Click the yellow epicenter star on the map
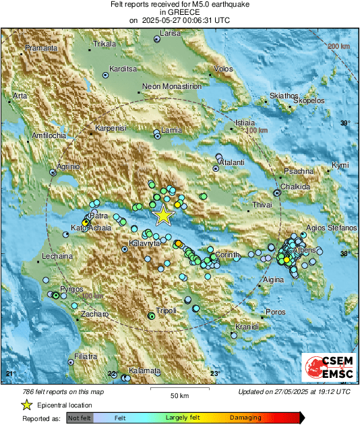click(163, 215)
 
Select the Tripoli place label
click(166, 310)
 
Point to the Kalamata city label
click(145, 371)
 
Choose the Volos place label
click(223, 69)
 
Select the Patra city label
click(98, 216)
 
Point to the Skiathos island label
click(283, 96)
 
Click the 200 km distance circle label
click(338, 46)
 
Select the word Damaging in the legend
click(245, 418)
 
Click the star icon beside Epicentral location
click(26, 405)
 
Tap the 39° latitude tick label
click(346, 123)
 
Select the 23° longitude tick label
click(214, 373)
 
